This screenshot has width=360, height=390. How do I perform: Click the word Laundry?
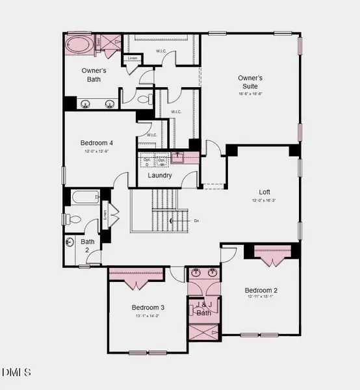click(x=160, y=175)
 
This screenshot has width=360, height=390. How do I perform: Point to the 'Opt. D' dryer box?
click(x=148, y=161)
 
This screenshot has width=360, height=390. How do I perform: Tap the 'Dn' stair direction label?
click(x=196, y=221)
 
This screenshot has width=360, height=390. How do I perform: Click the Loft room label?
click(x=264, y=192)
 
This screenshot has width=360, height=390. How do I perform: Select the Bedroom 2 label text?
click(x=261, y=290)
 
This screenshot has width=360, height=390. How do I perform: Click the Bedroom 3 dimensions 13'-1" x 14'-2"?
click(x=148, y=316)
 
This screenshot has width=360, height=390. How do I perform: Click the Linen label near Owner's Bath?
click(x=133, y=58)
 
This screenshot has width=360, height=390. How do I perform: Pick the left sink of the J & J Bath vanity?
click(x=196, y=274)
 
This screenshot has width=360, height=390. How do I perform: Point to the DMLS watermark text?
click(x=16, y=372)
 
